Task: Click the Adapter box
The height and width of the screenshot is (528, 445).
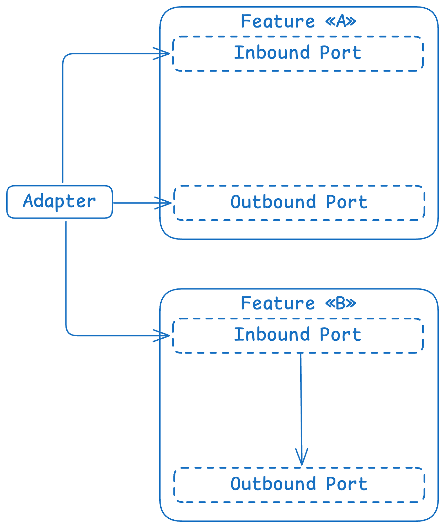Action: click(59, 202)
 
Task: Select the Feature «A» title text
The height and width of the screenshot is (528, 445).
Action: click(298, 21)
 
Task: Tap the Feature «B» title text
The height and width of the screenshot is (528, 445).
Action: click(298, 303)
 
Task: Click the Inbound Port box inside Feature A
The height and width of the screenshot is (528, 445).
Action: click(298, 53)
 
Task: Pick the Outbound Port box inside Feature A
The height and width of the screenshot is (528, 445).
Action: click(299, 203)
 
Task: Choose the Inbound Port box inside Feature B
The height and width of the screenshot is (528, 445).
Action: click(298, 335)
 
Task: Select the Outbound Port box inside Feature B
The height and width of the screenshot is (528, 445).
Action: click(299, 485)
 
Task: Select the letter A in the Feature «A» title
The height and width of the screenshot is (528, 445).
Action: click(341, 21)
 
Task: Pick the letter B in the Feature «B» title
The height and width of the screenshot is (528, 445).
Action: click(341, 303)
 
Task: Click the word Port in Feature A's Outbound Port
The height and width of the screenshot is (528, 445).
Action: click(346, 202)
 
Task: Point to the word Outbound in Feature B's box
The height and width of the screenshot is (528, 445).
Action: click(273, 484)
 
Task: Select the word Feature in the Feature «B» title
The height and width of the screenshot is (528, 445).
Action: click(278, 303)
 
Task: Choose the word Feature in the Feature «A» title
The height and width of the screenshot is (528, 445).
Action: click(278, 21)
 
